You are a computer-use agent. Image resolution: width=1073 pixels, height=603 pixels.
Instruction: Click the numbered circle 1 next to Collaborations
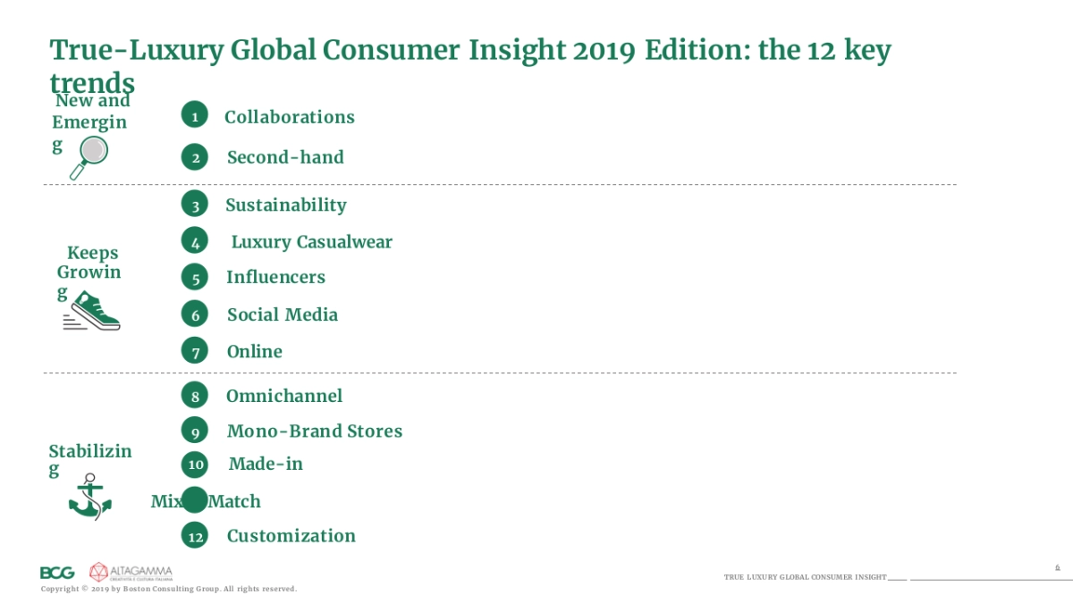pyautogui.click(x=194, y=115)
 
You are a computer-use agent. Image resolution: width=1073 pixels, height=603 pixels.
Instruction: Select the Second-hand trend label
pyautogui.click(x=285, y=157)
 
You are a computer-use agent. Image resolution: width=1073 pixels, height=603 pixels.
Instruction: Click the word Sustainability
pyautogui.click(x=285, y=205)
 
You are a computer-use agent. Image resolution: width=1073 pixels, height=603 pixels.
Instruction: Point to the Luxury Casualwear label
pyautogui.click(x=311, y=242)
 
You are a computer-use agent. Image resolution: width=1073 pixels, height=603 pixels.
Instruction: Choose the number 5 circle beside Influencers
pyautogui.click(x=195, y=278)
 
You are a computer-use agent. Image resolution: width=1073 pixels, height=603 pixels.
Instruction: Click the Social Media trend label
pyautogui.click(x=282, y=314)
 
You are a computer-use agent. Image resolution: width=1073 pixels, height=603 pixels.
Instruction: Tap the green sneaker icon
pyautogui.click(x=93, y=314)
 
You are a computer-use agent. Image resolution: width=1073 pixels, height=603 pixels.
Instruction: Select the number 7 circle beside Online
pyautogui.click(x=195, y=351)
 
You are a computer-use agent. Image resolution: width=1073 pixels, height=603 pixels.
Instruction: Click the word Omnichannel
pyautogui.click(x=283, y=396)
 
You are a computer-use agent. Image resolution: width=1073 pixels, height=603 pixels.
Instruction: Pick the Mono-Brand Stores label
pyautogui.click(x=314, y=431)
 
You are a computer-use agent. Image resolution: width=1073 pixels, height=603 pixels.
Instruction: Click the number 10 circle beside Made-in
pyautogui.click(x=195, y=464)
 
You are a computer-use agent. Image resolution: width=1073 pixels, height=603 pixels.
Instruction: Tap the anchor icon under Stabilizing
pyautogui.click(x=89, y=498)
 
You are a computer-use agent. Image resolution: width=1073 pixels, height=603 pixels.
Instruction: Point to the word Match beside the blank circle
pyautogui.click(x=235, y=501)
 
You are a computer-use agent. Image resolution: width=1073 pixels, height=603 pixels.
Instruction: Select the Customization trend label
pyautogui.click(x=291, y=536)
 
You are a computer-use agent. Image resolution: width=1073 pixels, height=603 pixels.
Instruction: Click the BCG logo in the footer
pyautogui.click(x=57, y=573)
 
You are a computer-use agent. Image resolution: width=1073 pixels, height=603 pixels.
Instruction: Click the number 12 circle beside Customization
pyautogui.click(x=195, y=536)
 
